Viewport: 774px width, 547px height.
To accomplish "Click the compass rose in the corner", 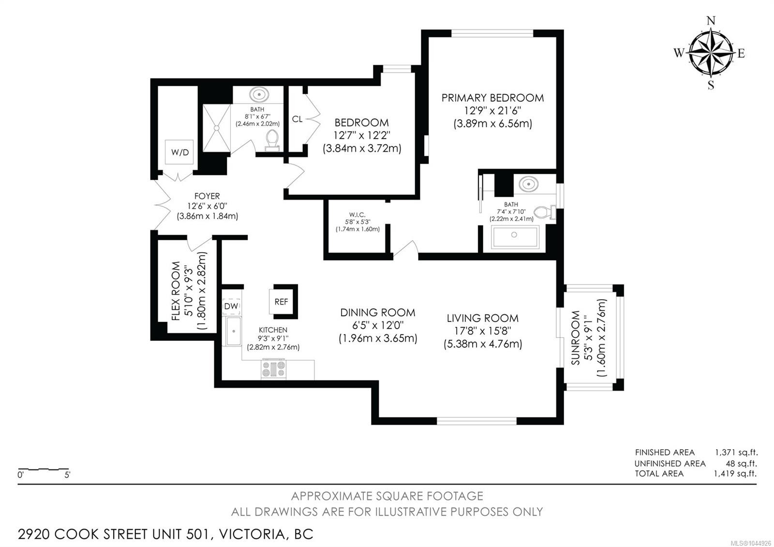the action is tap(711, 53).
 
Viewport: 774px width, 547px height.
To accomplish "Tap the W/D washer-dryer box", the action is tap(179, 152).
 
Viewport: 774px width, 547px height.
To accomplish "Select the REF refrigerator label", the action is tap(281, 302).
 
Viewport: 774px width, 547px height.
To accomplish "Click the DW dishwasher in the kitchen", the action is tap(231, 306).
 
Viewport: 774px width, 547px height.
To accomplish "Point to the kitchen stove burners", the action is tap(274, 369).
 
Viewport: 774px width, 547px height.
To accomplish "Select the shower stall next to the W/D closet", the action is tap(216, 128).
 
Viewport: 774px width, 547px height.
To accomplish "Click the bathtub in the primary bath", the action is tap(515, 237).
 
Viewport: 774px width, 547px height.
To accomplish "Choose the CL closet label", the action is tap(297, 119).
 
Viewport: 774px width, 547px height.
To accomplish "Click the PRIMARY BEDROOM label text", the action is tap(492, 98).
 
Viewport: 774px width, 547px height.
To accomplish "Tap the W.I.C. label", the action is tap(357, 215).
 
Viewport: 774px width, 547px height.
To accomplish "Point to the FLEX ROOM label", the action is tap(176, 291).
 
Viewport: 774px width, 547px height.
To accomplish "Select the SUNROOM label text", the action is tap(575, 338).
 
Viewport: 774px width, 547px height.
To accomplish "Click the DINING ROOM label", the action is tap(378, 313).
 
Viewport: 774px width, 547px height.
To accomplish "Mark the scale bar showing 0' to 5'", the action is tap(44, 469).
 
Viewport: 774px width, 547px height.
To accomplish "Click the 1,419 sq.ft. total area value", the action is tap(735, 473).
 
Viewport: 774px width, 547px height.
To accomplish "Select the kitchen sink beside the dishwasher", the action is tap(234, 331).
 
